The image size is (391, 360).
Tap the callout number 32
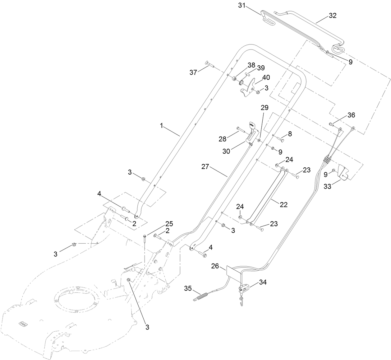pyautogui.click(x=332, y=16)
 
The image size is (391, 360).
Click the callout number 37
pyautogui.click(x=193, y=72)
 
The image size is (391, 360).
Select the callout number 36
pyautogui.click(x=351, y=115)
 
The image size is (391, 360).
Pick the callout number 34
pyautogui.click(x=263, y=282)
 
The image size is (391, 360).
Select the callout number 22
pyautogui.click(x=283, y=204)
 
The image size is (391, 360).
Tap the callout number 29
pyautogui.click(x=264, y=108)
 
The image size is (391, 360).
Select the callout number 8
pyautogui.click(x=290, y=134)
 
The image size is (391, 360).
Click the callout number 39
pyautogui.click(x=261, y=68)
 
